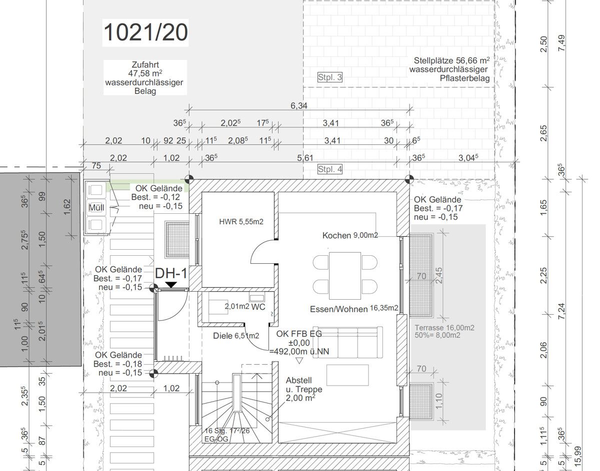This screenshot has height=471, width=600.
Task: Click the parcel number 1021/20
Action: coord(145,32)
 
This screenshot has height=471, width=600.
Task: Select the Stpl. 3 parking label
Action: coord(330,77)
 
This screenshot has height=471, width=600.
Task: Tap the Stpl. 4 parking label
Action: coord(330,169)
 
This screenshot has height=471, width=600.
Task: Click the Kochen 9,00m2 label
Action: coord(350,235)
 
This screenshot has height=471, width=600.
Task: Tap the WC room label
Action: coord(258,307)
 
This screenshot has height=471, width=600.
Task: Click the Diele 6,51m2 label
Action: coord(236,336)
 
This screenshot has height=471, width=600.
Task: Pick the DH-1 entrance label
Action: coord(171,273)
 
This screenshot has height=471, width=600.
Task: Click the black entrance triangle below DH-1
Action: coord(171,285)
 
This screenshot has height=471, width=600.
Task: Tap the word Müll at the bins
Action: coord(96,207)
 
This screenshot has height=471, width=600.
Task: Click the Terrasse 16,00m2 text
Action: coord(444,328)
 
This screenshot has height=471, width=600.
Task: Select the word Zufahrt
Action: coord(145,65)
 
